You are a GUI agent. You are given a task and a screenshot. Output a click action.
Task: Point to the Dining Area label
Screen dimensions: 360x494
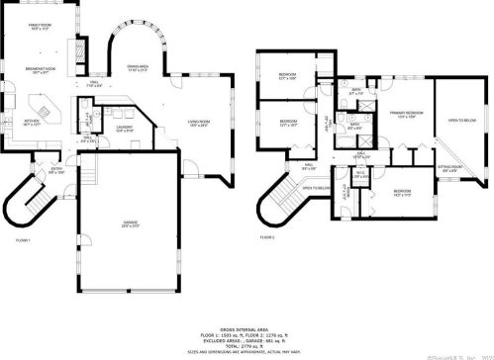point(137,68)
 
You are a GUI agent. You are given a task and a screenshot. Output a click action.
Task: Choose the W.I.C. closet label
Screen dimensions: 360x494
point(361,174)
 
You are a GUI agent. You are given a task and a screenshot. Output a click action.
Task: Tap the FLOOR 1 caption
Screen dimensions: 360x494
point(23,240)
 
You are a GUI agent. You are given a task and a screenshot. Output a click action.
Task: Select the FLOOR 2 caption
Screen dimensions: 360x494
point(268,238)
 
